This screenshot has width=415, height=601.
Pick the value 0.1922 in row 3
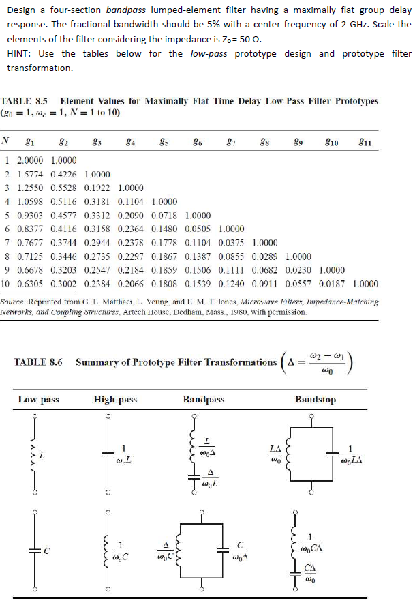(x=97, y=188)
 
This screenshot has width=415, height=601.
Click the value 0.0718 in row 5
(x=164, y=214)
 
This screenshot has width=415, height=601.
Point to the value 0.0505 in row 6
(x=198, y=227)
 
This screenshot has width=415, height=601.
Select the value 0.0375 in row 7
(x=231, y=241)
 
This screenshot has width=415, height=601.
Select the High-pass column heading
(x=115, y=399)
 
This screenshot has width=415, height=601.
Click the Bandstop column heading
(x=315, y=399)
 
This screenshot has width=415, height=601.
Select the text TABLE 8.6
(x=37, y=362)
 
